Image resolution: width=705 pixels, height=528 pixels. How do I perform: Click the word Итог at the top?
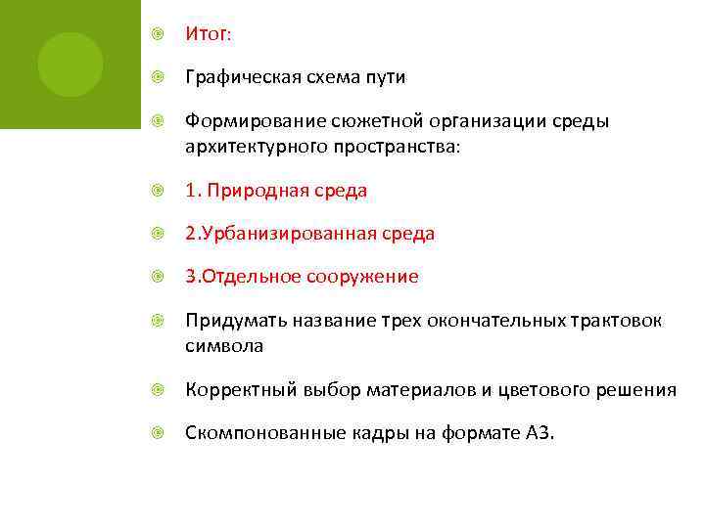(x=206, y=34)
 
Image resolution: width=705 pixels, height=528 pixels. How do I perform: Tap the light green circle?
(x=70, y=65)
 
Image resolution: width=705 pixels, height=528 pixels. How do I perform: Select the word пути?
(x=385, y=77)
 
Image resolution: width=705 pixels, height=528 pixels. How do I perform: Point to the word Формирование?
(x=248, y=121)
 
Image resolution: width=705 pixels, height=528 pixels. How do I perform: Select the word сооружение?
(x=364, y=277)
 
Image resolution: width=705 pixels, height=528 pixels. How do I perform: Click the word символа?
(x=224, y=346)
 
